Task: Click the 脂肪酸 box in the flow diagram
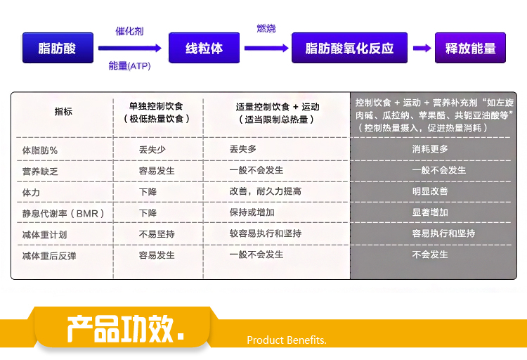click(58, 48)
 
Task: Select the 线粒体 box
click(204, 48)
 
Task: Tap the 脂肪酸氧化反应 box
click(349, 48)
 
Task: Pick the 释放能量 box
click(470, 48)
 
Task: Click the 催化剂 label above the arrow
click(129, 32)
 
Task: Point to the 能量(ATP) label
click(129, 65)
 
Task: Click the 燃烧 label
click(266, 28)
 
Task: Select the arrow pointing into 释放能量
click(422, 48)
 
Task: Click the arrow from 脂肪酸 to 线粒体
click(130, 48)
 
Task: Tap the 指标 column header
click(63, 112)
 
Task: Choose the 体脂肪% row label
click(40, 150)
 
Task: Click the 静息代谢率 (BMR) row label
click(63, 213)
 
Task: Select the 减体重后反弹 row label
click(49, 256)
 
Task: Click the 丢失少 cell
click(152, 149)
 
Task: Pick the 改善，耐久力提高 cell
click(265, 191)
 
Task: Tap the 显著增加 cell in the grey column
click(430, 212)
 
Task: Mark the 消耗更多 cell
click(430, 148)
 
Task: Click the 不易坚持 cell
click(157, 234)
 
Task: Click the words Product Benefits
click(287, 340)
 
